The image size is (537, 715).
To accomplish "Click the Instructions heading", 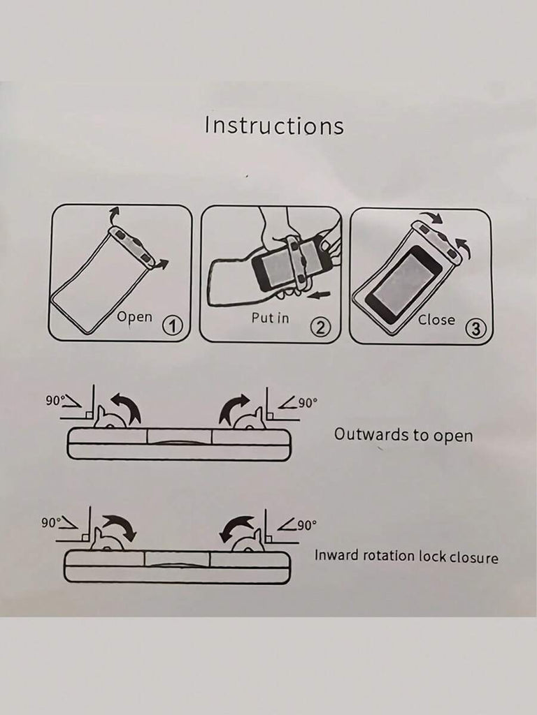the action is click(x=274, y=126).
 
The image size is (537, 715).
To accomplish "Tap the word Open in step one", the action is click(x=134, y=316).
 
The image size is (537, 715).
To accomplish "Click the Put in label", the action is click(x=271, y=318).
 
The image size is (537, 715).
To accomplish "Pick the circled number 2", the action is click(x=320, y=327).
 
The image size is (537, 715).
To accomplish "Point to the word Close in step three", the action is click(x=436, y=320).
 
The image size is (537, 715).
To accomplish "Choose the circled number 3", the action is click(x=475, y=328).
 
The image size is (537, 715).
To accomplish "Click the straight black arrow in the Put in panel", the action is click(x=319, y=296).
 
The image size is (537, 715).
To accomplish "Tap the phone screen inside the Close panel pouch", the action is click(x=403, y=285).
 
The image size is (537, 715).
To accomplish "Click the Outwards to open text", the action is click(x=403, y=434).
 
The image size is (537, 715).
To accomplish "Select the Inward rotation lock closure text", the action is click(x=406, y=556).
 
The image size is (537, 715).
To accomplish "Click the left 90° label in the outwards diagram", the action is click(x=55, y=400).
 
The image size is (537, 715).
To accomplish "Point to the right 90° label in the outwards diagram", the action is click(x=308, y=403).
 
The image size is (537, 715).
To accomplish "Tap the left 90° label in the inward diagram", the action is click(x=50, y=522).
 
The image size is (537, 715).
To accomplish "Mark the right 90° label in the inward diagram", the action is click(x=307, y=525).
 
